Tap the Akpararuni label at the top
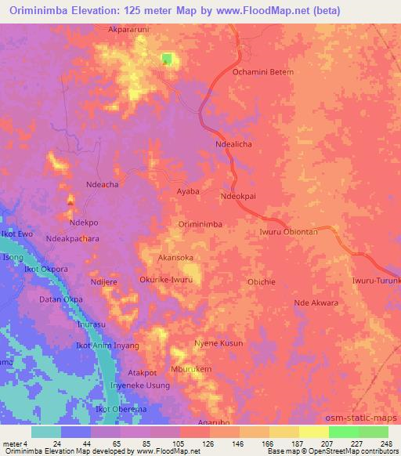(x=130, y=32)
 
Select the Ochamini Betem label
(x=263, y=72)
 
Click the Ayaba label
(x=187, y=191)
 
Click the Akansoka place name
(x=175, y=257)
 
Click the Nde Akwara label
(x=316, y=302)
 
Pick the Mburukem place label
(x=191, y=369)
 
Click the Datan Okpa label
(x=62, y=299)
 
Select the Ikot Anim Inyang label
(x=107, y=346)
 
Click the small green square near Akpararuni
(x=167, y=59)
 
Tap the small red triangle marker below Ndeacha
(x=70, y=202)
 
